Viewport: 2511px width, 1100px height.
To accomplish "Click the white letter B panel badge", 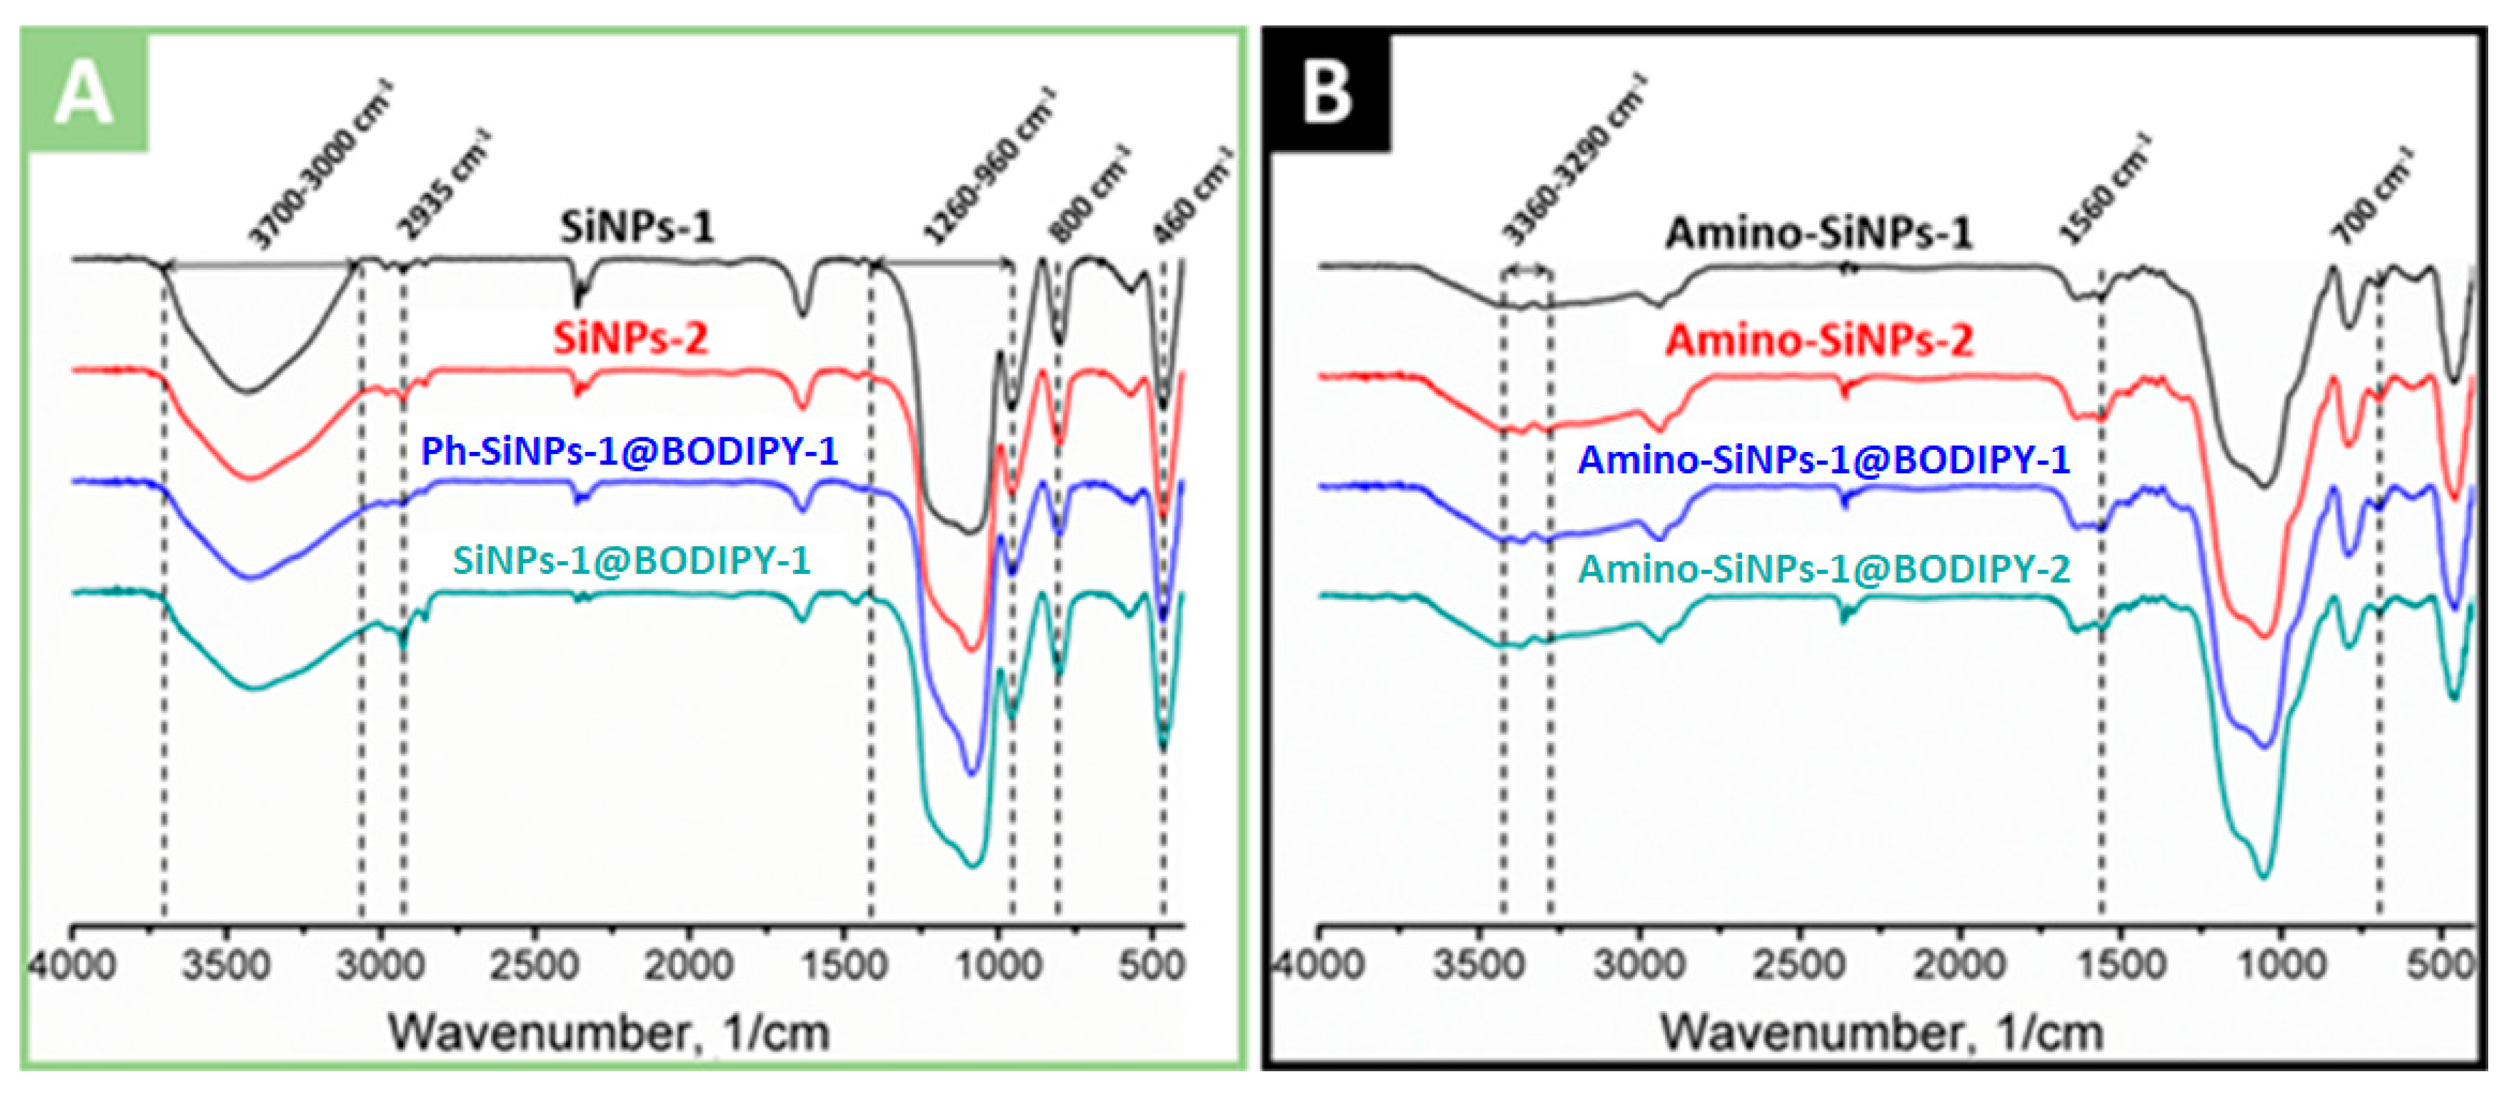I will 1327,94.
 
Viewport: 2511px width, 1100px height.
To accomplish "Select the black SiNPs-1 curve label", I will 636,227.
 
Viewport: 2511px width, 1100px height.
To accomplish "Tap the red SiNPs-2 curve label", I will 631,339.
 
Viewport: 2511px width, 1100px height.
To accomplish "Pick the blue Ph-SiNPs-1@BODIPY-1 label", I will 629,451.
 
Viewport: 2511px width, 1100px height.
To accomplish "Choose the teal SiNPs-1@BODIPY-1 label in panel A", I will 632,560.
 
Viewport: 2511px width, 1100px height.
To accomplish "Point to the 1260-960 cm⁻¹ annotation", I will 989,165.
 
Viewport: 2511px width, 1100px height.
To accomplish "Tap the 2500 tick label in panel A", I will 534,967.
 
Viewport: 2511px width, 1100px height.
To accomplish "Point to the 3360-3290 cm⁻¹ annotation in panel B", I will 1572,161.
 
